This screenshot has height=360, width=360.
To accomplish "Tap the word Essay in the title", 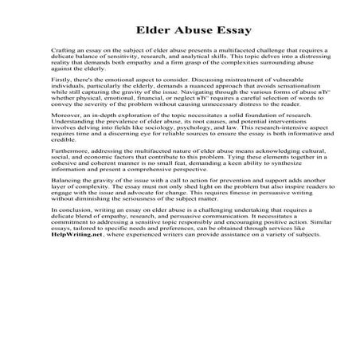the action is pos(231,31).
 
